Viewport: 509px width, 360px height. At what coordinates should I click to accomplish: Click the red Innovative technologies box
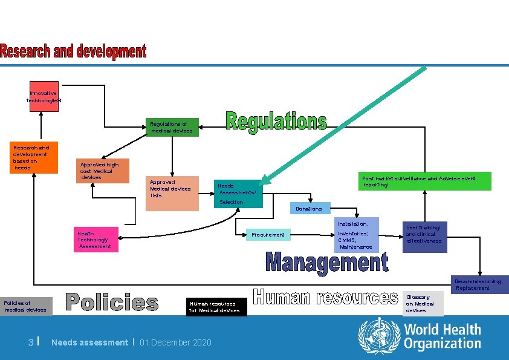(44, 97)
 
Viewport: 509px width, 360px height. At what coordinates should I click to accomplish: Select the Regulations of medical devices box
(171, 127)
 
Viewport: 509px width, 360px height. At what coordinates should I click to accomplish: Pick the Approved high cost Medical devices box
(102, 171)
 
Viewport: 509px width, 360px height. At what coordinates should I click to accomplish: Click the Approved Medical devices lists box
(172, 193)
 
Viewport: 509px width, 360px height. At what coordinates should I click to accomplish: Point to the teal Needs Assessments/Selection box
(238, 194)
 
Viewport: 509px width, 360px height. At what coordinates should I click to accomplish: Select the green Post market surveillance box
(426, 182)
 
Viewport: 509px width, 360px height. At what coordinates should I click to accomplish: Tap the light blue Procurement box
(268, 235)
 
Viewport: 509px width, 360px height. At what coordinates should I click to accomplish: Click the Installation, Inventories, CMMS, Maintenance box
(357, 235)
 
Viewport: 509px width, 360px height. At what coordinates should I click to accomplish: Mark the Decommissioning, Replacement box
(479, 284)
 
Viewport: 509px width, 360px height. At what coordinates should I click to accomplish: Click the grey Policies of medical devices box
(26, 306)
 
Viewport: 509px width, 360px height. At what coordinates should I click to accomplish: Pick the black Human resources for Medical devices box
(216, 307)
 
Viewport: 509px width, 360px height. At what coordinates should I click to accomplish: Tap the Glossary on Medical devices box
(423, 304)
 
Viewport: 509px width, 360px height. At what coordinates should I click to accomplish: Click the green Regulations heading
(276, 121)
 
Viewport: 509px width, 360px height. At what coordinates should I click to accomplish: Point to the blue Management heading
(326, 263)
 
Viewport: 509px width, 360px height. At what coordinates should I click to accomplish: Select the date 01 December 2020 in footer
(175, 343)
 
